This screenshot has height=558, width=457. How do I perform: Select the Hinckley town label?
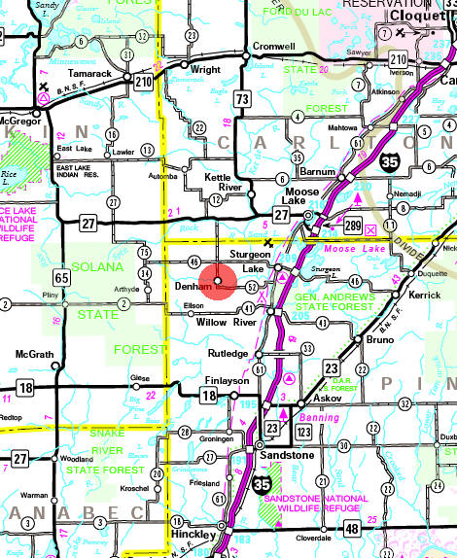tap(196, 536)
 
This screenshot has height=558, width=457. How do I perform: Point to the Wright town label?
tap(205, 70)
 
